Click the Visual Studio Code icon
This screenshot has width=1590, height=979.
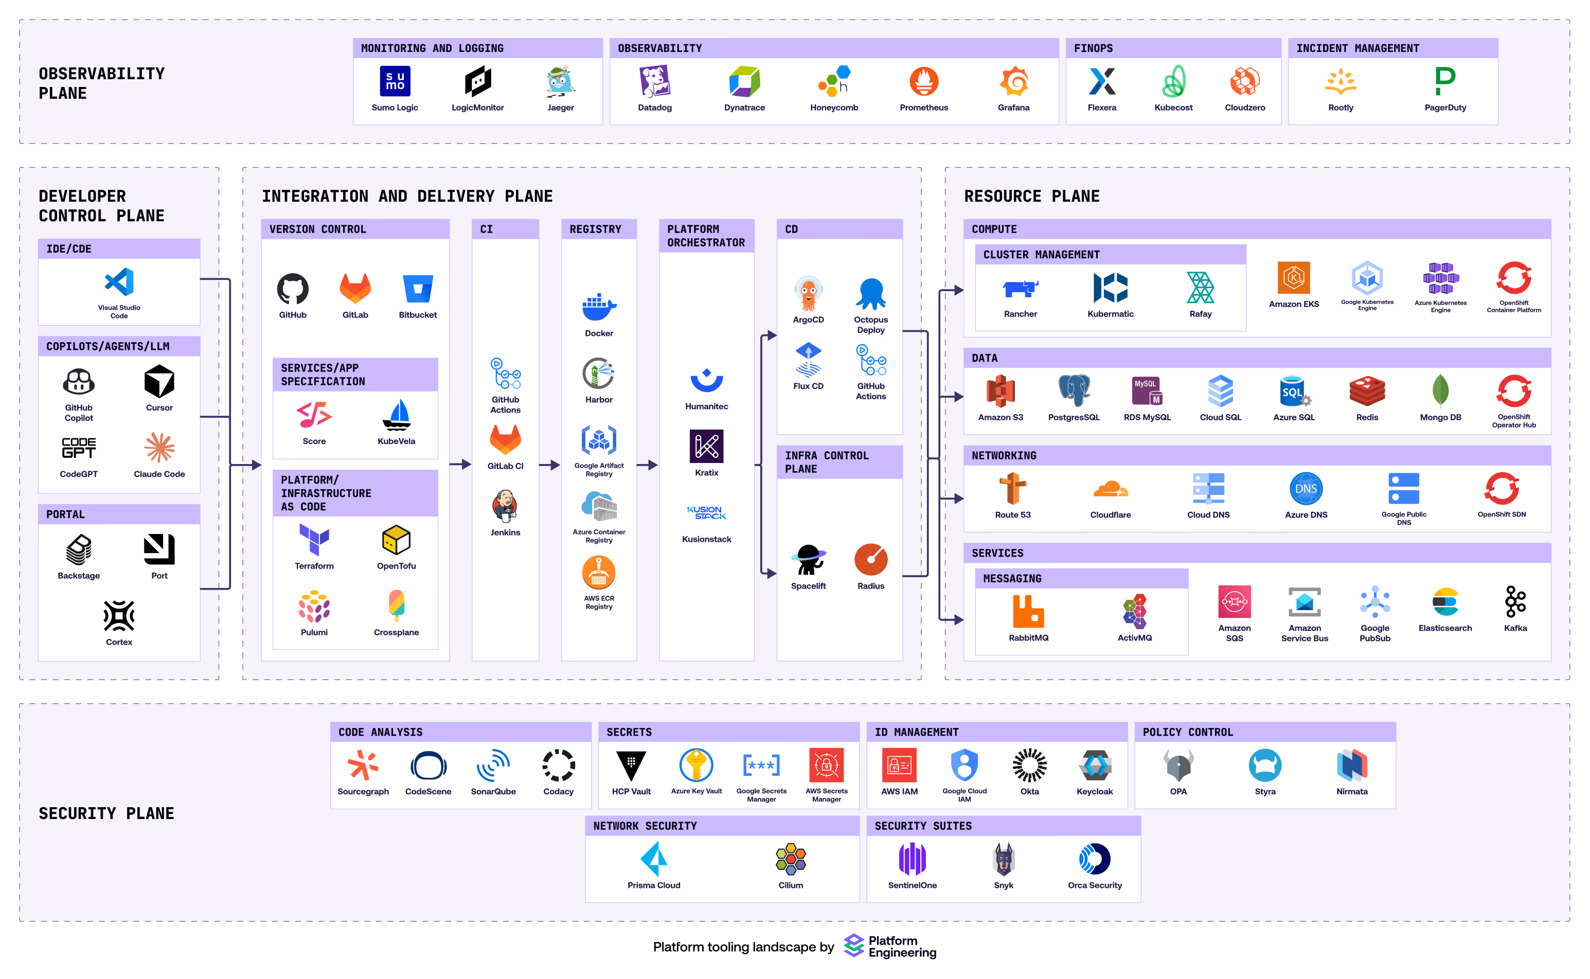pyautogui.click(x=119, y=282)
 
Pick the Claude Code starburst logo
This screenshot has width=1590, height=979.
pyautogui.click(x=159, y=448)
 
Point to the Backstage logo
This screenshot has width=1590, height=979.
pyautogui.click(x=79, y=549)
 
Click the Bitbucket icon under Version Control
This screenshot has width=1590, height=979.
pyautogui.click(x=418, y=289)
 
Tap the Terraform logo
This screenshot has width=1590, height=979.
pyautogui.click(x=314, y=539)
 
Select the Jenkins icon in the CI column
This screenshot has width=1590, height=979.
pyautogui.click(x=505, y=506)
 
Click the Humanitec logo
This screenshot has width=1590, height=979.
pyautogui.click(x=706, y=380)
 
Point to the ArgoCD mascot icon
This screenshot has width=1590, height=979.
pyautogui.click(x=808, y=293)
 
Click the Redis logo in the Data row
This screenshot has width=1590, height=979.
pyautogui.click(x=1367, y=391)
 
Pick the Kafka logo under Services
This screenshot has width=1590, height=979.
pyautogui.click(x=1515, y=602)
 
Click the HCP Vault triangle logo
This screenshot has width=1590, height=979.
pyautogui.click(x=631, y=766)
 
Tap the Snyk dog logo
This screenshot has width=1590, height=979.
pyautogui.click(x=1004, y=860)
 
